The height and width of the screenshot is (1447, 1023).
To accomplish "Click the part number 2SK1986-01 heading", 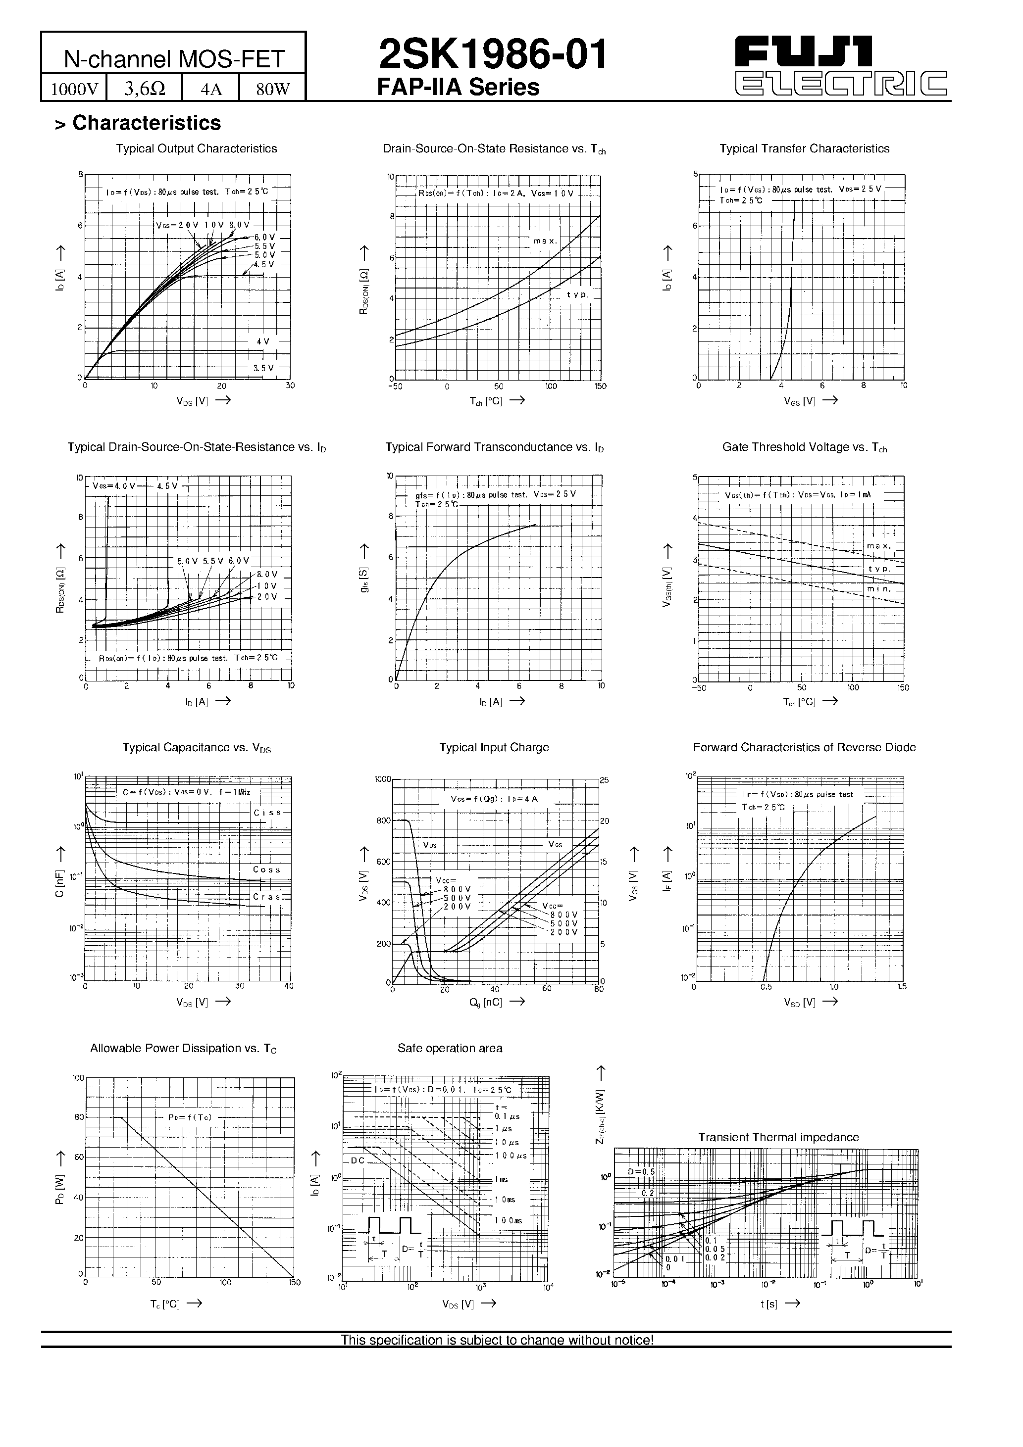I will (x=493, y=54).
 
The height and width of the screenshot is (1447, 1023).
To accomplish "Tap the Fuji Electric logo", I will (x=842, y=66).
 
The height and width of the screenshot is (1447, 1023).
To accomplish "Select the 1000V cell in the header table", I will (x=74, y=89).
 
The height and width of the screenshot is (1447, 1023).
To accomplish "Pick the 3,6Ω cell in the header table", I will (x=145, y=89).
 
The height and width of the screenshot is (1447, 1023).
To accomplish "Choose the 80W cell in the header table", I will (x=272, y=89).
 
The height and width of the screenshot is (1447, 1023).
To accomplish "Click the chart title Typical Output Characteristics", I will (x=196, y=149).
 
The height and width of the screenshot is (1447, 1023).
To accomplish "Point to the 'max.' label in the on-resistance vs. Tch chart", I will (x=545, y=241).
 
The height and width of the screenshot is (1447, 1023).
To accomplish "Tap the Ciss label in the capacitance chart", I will (x=267, y=813).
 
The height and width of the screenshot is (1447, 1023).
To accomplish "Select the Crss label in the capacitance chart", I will (x=267, y=896).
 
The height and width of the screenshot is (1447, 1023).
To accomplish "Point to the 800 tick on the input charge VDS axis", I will (x=383, y=820).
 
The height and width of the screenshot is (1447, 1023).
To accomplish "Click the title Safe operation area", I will (x=450, y=1048).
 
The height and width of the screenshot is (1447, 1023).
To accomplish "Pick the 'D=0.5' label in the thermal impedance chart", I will (x=641, y=1171).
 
